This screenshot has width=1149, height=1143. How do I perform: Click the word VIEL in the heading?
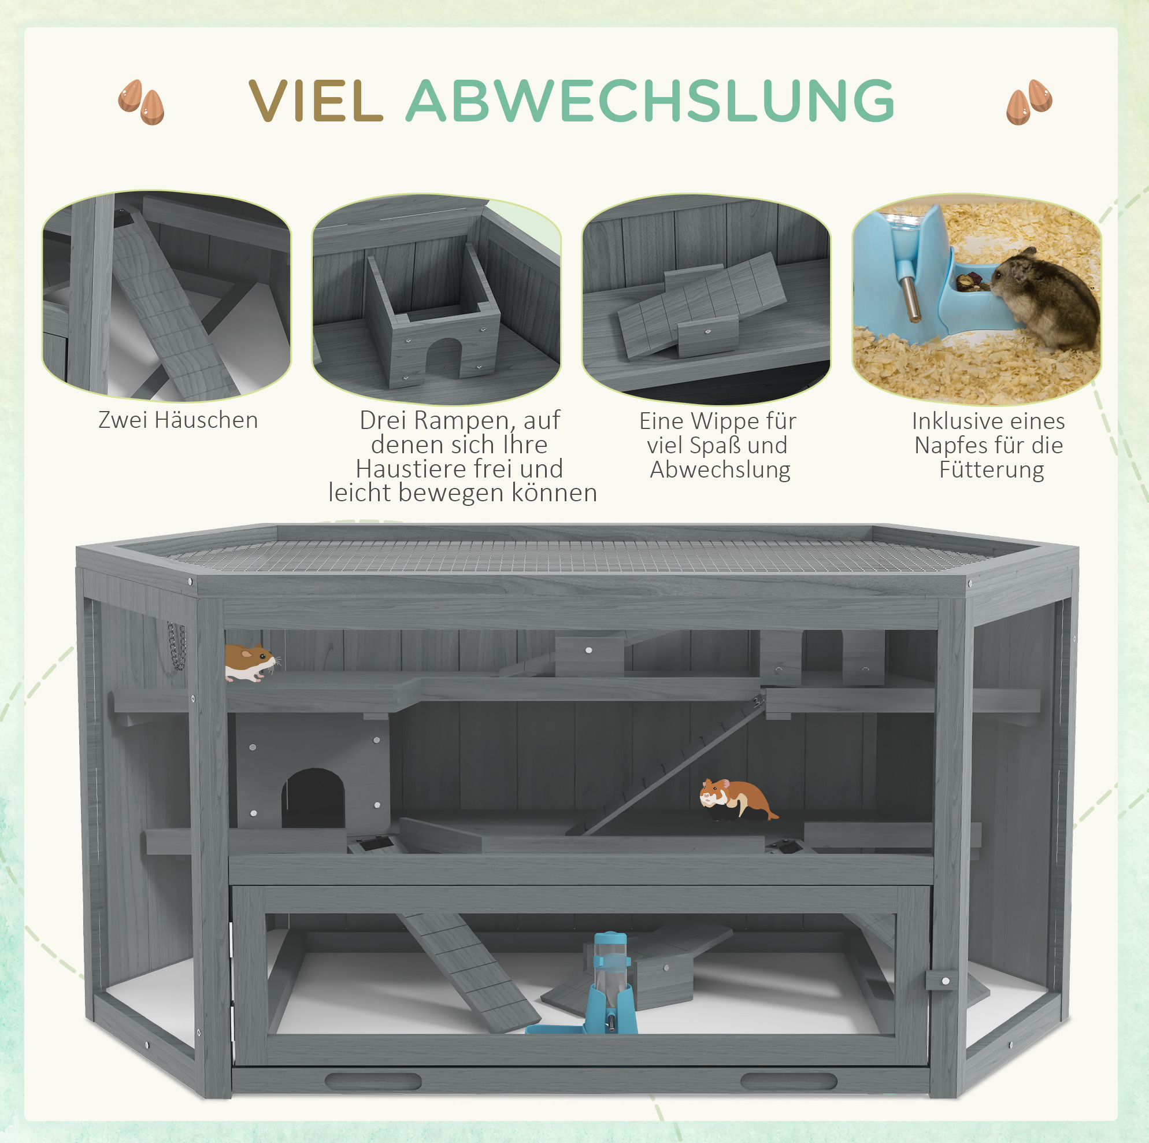pyautogui.click(x=315, y=101)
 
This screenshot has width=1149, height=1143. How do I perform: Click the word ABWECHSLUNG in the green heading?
pyautogui.click(x=650, y=101)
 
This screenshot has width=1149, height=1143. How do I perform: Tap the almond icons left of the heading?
pyautogui.click(x=141, y=102)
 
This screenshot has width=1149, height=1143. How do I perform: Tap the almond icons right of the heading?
pyautogui.click(x=1029, y=102)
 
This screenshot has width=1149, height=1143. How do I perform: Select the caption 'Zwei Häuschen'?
pyautogui.click(x=179, y=420)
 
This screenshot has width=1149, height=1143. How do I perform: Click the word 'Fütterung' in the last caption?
pyautogui.click(x=991, y=470)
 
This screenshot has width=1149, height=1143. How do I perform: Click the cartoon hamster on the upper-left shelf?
pyautogui.click(x=250, y=662)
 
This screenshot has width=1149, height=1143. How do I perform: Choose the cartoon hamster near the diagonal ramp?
pyautogui.click(x=737, y=799)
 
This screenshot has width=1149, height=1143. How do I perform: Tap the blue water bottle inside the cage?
pyautogui.click(x=610, y=982)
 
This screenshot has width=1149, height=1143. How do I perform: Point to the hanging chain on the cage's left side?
pyautogui.click(x=177, y=646)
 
